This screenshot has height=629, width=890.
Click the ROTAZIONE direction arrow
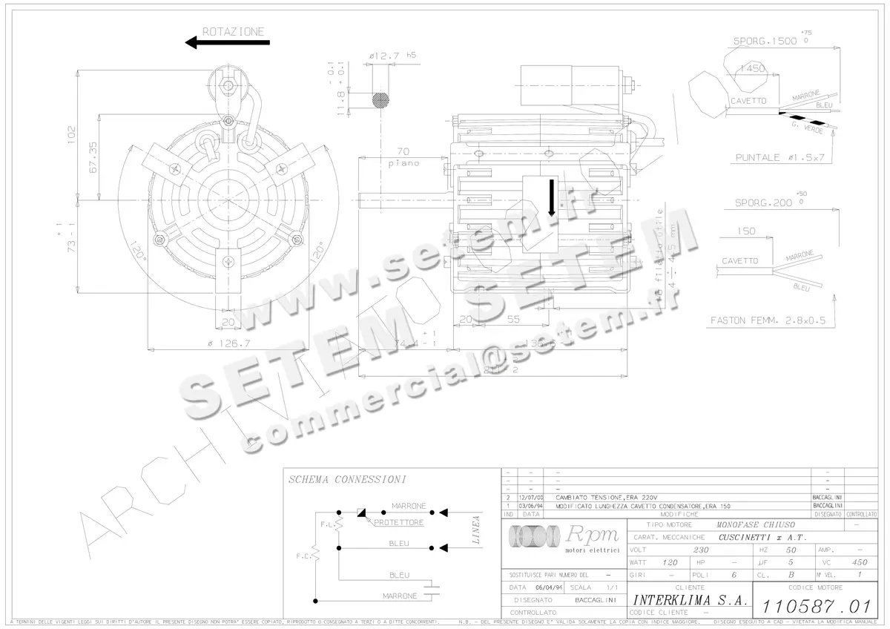coord(227,43)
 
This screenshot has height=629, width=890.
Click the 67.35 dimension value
coord(93,158)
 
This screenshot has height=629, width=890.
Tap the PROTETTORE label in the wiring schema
coord(399,522)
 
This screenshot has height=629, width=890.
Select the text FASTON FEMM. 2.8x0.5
coord(768,321)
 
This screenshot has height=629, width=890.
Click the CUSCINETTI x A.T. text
coord(762,537)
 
